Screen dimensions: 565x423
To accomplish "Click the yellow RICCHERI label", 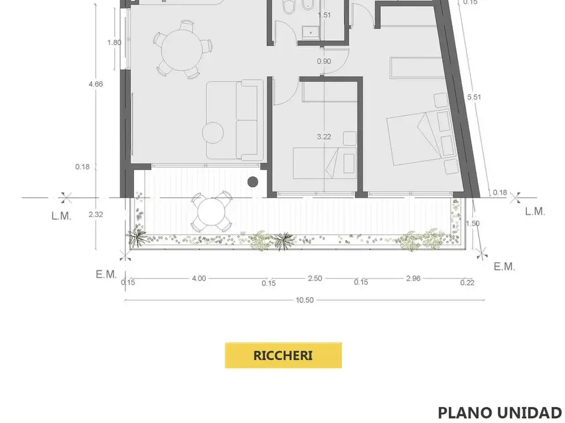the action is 283,355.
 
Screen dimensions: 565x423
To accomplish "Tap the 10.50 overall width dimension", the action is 305,300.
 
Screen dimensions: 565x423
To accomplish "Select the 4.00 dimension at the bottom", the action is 199,278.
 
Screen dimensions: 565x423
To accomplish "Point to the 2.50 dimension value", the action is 315,278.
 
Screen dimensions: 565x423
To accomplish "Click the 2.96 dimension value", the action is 413,278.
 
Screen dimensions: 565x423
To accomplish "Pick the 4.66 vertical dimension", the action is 96,84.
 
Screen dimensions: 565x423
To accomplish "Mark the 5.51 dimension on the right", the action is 474,97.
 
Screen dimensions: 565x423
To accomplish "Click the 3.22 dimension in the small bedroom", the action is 324,137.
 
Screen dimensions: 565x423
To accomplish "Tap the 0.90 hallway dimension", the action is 324,62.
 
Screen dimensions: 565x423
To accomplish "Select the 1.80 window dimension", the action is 114,42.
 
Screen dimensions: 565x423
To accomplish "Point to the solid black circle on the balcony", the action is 253,182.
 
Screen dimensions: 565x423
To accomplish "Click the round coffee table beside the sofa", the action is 213,133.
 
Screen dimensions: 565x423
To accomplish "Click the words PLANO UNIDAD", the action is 500,413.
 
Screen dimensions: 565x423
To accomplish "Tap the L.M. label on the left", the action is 62,216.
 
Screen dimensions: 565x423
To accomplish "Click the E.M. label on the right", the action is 504,267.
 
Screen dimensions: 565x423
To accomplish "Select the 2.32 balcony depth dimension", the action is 96,214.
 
